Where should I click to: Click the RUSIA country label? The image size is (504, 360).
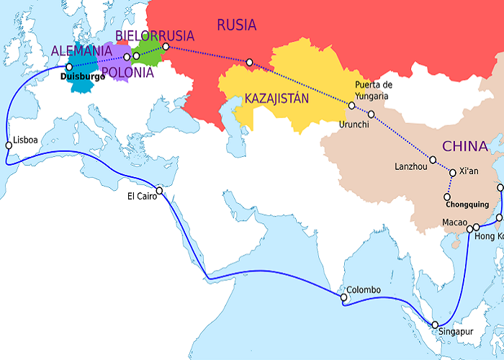click(236, 25)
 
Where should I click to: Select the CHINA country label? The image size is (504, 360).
click(464, 147)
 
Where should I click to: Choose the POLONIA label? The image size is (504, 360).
click(127, 72)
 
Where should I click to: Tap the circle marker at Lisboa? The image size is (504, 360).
click(9, 145)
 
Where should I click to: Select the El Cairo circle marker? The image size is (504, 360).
click(159, 191)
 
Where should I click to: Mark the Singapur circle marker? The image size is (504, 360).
click(435, 325)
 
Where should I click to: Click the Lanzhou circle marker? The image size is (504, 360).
click(433, 160)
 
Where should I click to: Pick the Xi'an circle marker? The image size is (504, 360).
click(452, 173)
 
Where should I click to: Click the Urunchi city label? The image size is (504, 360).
click(354, 123)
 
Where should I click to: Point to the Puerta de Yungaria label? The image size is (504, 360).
click(372, 90)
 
